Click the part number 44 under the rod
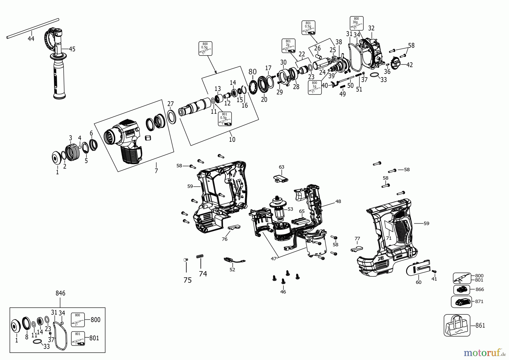coord(31,38)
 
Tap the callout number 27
coord(171,104)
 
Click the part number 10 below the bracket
coord(232,140)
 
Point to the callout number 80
coord(253,72)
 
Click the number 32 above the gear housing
coord(371,28)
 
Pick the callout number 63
coord(281,167)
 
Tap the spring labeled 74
coord(200,256)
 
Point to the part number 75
coord(187,280)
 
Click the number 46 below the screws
coord(283,292)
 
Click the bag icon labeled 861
coord(457,325)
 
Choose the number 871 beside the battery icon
coord(479,301)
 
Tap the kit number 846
coord(60,293)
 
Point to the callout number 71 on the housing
coord(389,238)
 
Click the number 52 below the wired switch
coord(232,270)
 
